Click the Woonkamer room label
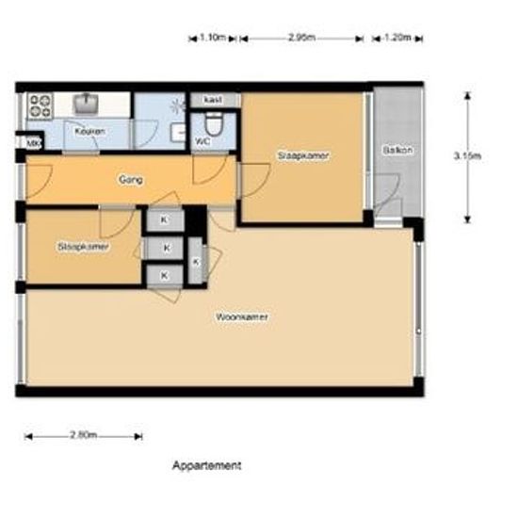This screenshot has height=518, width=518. tap(242, 317)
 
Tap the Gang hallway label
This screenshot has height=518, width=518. tap(130, 178)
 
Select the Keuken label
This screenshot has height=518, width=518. tap(89, 131)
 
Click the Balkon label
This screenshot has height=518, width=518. tap(397, 151)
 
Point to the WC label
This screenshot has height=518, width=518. tap(202, 141)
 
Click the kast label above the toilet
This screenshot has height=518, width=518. tap(212, 100)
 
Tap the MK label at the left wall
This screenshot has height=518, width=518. tap(32, 143)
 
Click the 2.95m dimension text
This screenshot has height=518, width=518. tap(300, 38)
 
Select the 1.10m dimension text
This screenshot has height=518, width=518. tap(214, 38)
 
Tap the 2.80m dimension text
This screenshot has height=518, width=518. tap(83, 435)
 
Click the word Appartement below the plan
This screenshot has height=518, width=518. tap(207, 465)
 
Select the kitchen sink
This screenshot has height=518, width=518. tap(89, 102)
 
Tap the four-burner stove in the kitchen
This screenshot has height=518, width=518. tap(40, 104)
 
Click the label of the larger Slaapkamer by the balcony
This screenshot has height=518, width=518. tap(303, 154)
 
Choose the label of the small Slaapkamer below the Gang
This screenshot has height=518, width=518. tap(83, 247)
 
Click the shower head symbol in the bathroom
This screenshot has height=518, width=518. tap(176, 105)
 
